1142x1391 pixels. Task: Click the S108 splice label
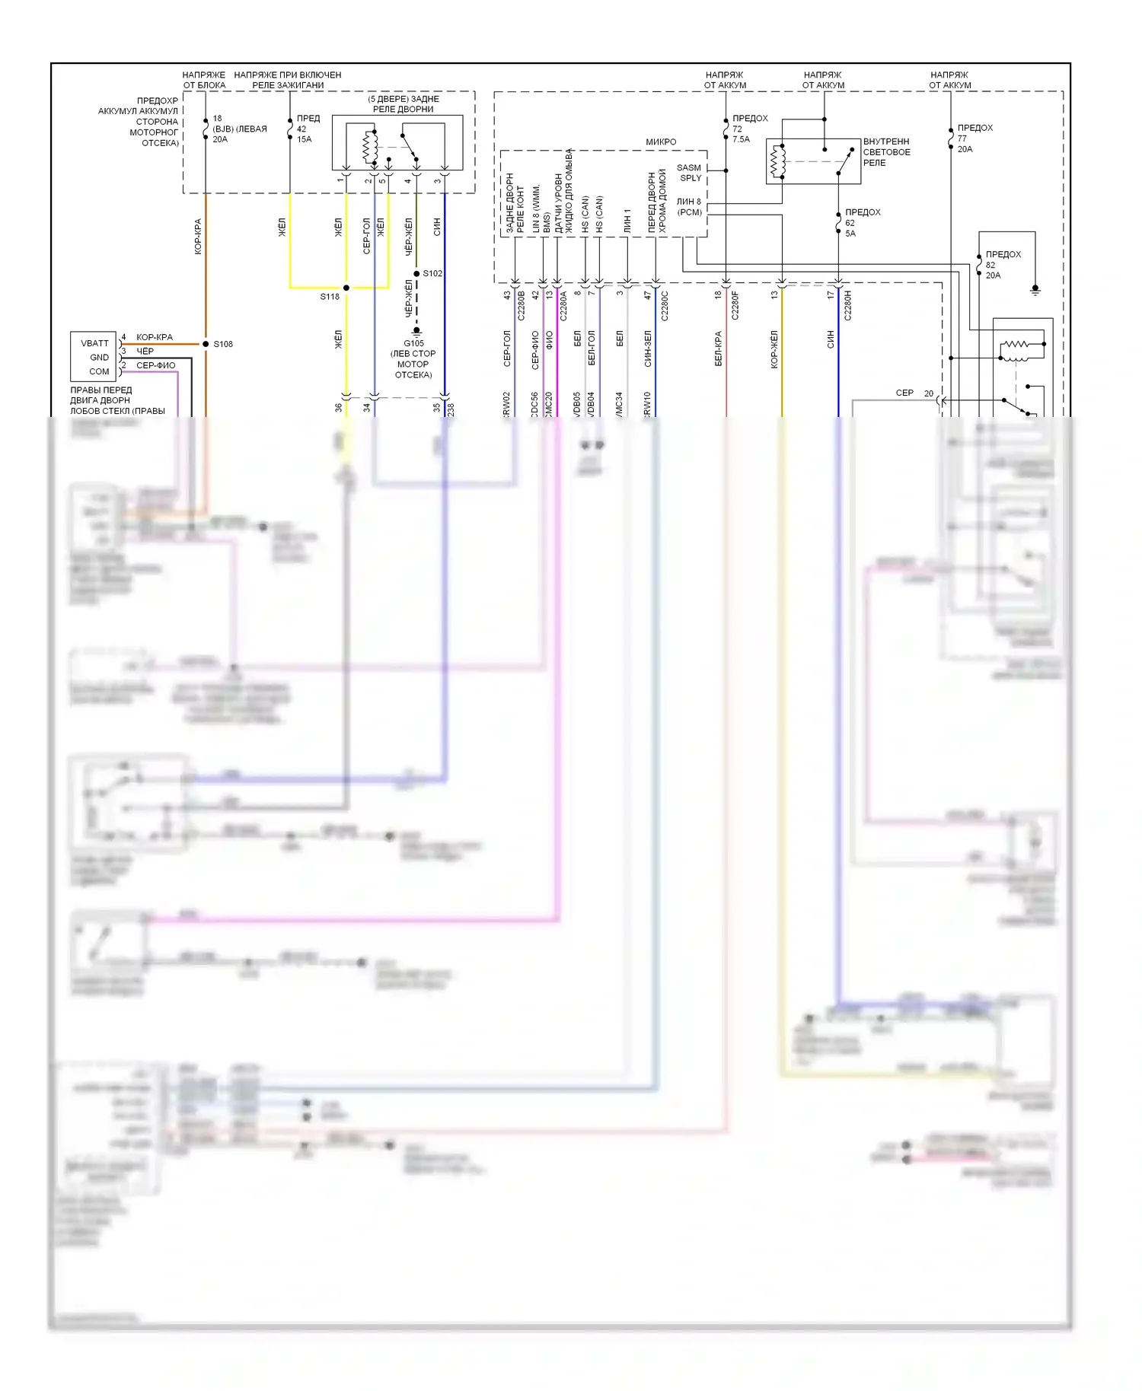click(223, 344)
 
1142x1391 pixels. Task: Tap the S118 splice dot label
click(330, 297)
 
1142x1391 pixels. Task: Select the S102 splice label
click(432, 273)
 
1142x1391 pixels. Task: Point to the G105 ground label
click(413, 343)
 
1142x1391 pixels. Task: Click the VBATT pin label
click(95, 343)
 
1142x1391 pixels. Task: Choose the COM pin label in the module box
click(99, 371)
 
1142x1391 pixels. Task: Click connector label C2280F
click(735, 305)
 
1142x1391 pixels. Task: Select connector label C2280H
click(848, 305)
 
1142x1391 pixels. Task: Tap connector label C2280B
click(522, 305)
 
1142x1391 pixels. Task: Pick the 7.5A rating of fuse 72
click(741, 139)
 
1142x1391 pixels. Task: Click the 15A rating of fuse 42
click(305, 139)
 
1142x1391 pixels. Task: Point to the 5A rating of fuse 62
click(850, 234)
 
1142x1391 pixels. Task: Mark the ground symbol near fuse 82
click(1035, 291)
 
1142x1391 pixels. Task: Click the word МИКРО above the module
click(661, 142)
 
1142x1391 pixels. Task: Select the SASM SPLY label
click(690, 173)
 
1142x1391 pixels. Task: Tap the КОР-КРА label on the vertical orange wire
click(198, 236)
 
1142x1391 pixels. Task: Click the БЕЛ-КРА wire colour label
click(719, 349)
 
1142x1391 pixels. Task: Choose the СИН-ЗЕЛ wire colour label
click(648, 349)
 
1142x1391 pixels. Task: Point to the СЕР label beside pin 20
click(904, 393)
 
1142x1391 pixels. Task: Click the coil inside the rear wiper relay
click(370, 147)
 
